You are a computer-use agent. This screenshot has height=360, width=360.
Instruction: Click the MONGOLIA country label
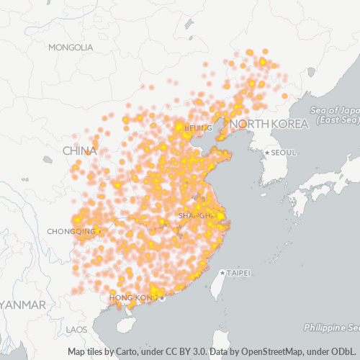click(71, 48)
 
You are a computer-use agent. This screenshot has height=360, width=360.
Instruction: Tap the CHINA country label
click(79, 151)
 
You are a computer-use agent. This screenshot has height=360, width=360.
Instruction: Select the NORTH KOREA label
click(269, 125)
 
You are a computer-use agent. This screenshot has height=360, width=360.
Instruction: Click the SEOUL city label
click(284, 153)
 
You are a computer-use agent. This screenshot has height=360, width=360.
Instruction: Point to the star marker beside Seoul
click(267, 153)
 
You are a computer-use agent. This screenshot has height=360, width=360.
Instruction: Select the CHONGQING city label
click(71, 231)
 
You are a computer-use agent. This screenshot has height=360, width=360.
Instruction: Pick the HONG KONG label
click(133, 297)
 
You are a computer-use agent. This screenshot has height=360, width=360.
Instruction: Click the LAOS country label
click(76, 329)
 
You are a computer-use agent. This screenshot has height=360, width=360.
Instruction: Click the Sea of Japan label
click(336, 109)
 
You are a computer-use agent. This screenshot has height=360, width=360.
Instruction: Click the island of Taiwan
click(222, 284)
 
